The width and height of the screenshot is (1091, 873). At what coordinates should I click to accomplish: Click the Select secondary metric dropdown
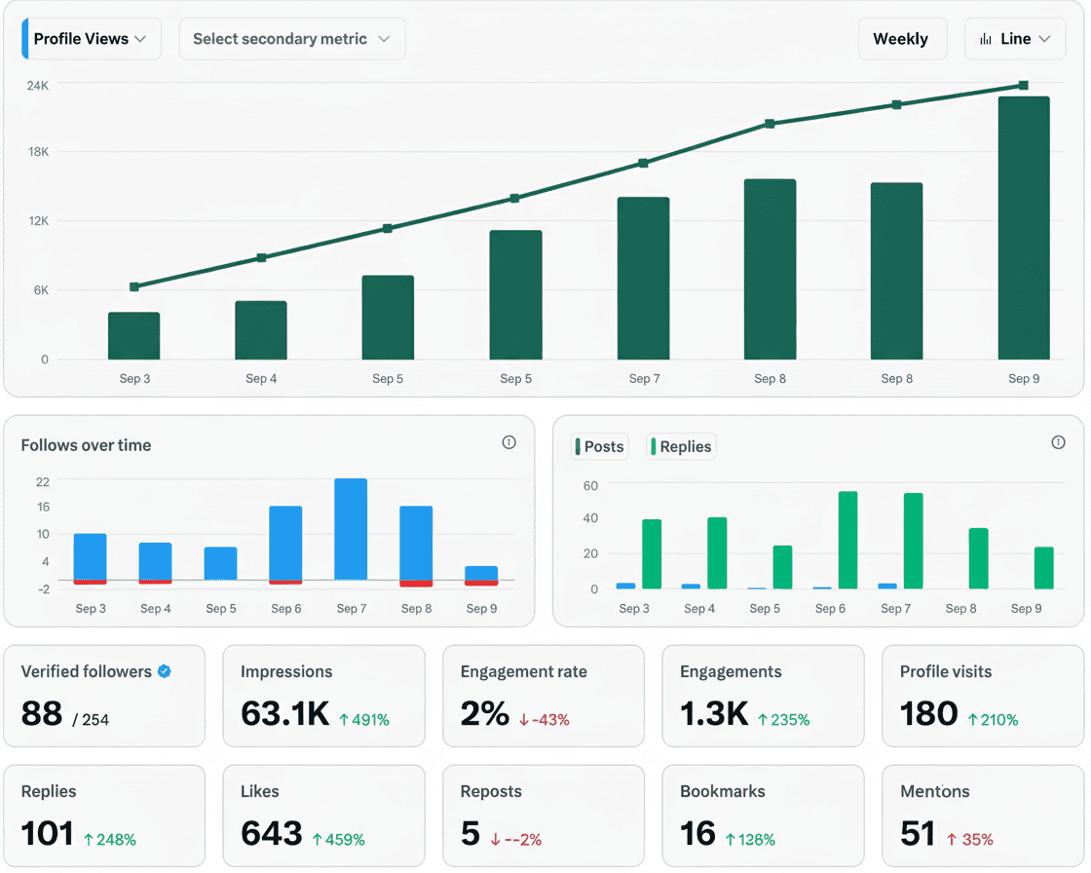pos(292,39)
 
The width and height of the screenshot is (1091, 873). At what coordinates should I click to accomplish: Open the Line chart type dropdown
pos(1015,39)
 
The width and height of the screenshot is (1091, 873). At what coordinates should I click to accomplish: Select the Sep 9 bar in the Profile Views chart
pos(1024,228)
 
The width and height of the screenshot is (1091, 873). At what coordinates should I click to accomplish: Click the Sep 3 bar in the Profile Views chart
pos(134,336)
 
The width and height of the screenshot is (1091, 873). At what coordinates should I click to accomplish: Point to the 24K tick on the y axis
pos(37,86)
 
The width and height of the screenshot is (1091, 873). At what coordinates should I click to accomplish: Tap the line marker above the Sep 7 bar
pos(643,164)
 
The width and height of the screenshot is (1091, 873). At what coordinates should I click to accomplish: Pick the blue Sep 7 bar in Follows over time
pos(351,529)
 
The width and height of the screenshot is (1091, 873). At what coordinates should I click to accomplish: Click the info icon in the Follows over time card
pos(508,442)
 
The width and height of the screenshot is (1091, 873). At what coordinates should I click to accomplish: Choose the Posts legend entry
pos(599,446)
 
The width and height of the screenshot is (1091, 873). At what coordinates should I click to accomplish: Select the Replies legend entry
pos(682,446)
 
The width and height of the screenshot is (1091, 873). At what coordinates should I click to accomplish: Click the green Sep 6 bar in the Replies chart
pos(847,540)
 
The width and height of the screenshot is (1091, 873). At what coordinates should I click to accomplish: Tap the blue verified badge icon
pos(165,671)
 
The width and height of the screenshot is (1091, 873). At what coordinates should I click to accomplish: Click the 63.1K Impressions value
pos(285,713)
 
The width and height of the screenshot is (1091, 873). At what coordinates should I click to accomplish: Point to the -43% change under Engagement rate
pos(545,720)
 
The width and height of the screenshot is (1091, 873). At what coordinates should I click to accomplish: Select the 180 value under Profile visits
pos(928,713)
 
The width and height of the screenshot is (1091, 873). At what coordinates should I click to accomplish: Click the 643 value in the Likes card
pos(272,833)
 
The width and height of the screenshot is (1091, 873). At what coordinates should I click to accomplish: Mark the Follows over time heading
pos(86,445)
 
